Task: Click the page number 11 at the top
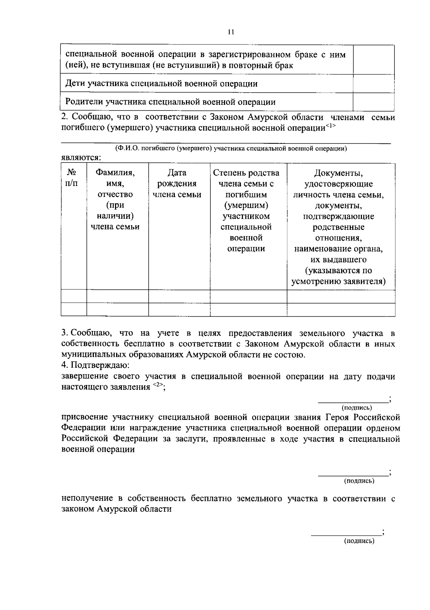point(231,32)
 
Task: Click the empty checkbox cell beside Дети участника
point(373,84)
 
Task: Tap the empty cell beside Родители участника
point(373,102)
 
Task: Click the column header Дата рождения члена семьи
point(177,184)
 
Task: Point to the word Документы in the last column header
point(338,173)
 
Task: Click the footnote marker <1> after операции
point(330,126)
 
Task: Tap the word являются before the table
point(81,157)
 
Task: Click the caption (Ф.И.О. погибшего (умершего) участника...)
point(231,148)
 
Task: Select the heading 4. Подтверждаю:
point(95,365)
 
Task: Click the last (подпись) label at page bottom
point(359,541)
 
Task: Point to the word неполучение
point(87,498)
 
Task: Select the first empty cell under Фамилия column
point(117,296)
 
